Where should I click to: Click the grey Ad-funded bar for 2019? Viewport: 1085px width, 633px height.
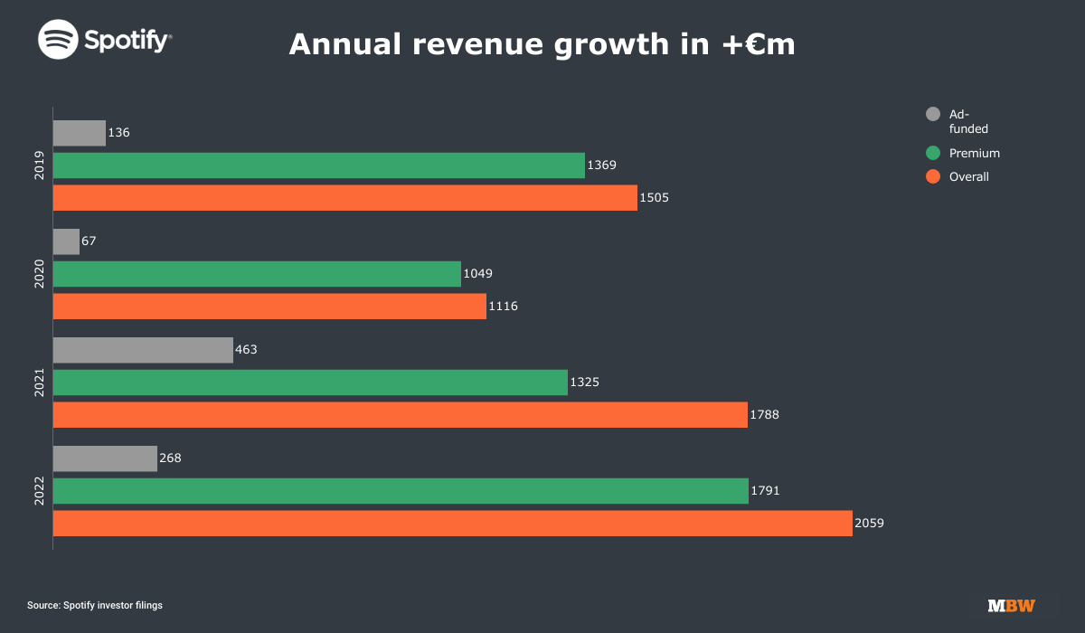80,133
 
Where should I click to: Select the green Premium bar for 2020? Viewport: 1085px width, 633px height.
257,274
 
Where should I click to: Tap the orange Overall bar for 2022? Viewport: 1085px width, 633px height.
452,524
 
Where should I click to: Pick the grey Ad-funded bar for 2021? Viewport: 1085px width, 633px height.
143,350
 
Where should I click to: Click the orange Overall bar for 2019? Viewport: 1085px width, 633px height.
344,198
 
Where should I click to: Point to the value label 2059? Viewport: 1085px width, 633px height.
869,524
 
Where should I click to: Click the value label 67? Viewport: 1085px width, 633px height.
89,241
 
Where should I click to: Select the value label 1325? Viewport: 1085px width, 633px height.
584,383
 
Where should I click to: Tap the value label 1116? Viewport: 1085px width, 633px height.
503,307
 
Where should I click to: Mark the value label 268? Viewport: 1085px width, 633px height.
170,458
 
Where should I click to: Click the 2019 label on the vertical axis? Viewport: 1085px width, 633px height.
40,165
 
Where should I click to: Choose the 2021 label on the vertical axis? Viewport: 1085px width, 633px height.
40,383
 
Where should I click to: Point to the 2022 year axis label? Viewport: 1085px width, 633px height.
40,491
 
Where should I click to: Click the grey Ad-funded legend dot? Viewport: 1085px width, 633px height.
933,114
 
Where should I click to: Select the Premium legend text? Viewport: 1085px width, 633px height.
975,154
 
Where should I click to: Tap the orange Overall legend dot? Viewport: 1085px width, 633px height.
933,176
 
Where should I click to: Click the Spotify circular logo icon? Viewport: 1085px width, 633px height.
56,41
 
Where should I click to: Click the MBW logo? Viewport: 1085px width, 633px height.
1011,606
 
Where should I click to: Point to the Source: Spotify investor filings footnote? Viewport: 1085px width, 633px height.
95,605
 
